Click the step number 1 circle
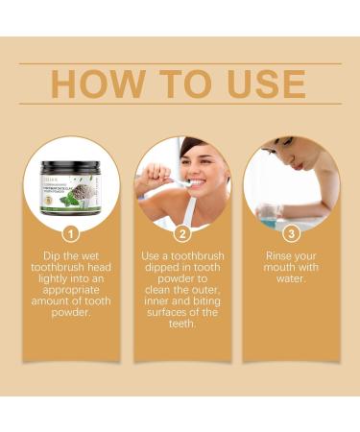[x=71, y=233]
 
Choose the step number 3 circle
[x=290, y=233]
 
